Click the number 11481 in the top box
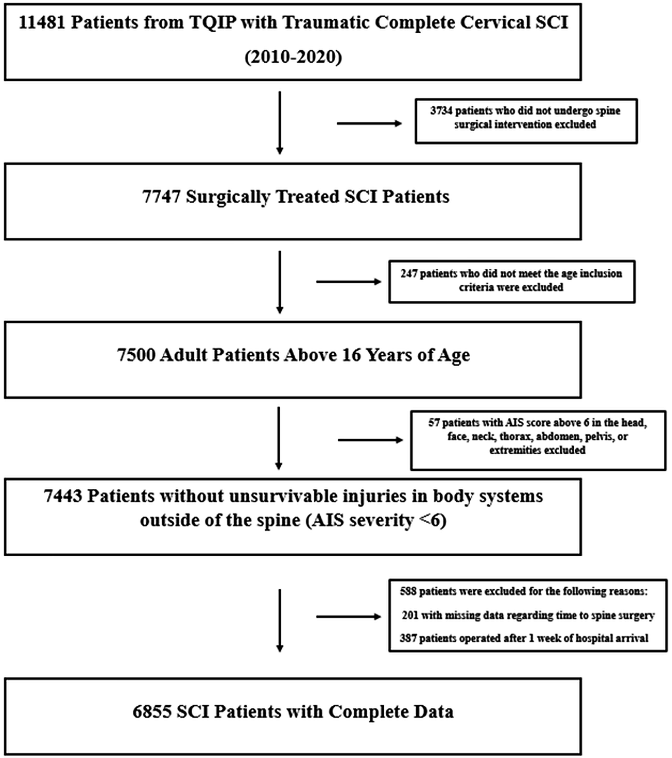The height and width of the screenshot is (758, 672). point(42,23)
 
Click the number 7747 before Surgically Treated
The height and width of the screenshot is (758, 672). point(162,197)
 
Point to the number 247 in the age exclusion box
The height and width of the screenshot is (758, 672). point(409,273)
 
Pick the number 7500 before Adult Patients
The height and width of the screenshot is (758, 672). point(136,355)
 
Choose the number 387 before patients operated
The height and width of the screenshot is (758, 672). point(408,638)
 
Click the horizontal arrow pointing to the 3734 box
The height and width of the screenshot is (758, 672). point(369,124)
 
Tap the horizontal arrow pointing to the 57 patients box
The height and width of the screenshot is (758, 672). point(370,440)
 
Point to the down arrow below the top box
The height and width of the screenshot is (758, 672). point(280,123)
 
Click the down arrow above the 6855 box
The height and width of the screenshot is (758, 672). point(280,620)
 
